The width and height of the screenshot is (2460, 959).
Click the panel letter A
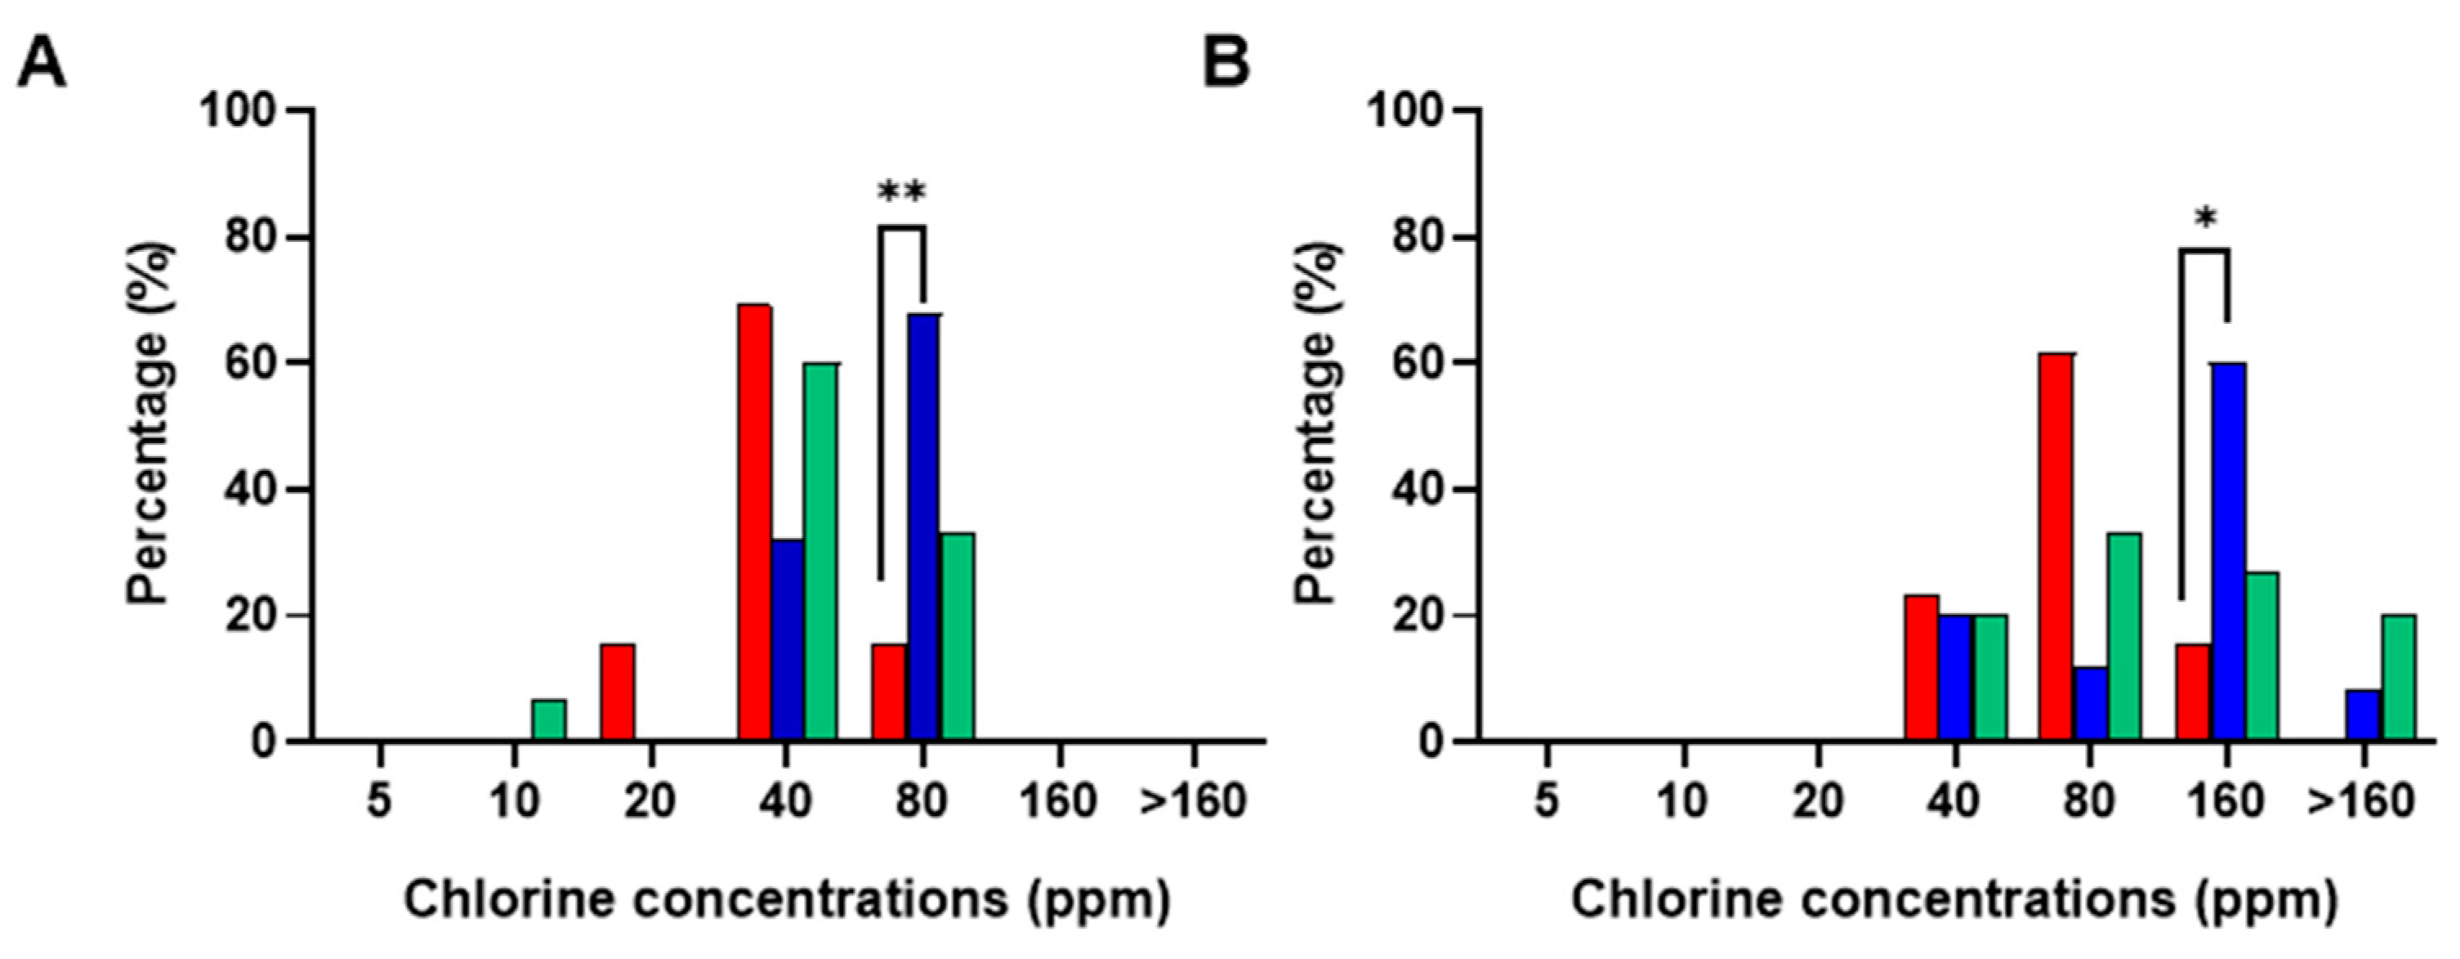point(42,65)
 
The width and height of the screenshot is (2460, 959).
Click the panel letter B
point(1226,65)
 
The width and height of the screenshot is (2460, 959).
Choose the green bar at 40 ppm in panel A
point(820,551)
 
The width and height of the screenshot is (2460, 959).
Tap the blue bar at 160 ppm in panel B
point(2228,551)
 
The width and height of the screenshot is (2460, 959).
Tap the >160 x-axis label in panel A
point(1193,800)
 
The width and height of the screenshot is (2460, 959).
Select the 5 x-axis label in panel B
point(1547,800)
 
